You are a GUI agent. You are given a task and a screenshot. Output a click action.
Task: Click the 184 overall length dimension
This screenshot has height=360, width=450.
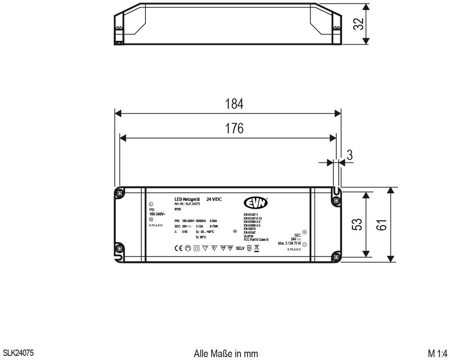tap(235, 104)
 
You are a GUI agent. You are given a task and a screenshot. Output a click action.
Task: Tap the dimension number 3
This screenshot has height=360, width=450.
tap(350, 155)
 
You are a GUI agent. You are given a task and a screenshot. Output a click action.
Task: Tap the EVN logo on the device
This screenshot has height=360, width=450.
tap(255, 202)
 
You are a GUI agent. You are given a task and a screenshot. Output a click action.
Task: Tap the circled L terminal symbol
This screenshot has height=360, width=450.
tap(151, 204)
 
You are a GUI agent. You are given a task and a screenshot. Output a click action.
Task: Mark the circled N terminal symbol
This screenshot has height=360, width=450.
tap(151, 219)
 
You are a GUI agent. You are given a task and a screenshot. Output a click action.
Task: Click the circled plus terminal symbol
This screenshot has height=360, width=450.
tap(304, 232)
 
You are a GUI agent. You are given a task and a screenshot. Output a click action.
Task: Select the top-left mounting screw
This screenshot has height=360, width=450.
tap(120, 193)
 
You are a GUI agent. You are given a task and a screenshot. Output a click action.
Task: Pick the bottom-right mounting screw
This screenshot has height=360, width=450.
tap(336, 257)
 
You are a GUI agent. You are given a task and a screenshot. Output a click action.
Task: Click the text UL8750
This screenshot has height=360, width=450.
tap(249, 236)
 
